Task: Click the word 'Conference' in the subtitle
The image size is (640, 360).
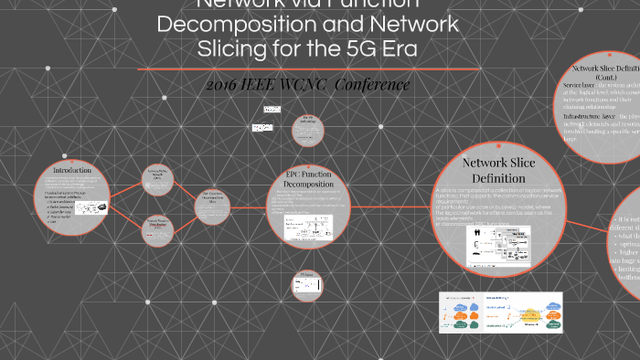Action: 375,85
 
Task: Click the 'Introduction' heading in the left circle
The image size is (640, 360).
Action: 72,171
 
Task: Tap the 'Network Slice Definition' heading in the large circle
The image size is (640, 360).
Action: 496,170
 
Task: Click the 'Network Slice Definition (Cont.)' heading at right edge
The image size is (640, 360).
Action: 606,72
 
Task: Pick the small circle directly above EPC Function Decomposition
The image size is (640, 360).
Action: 308,131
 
